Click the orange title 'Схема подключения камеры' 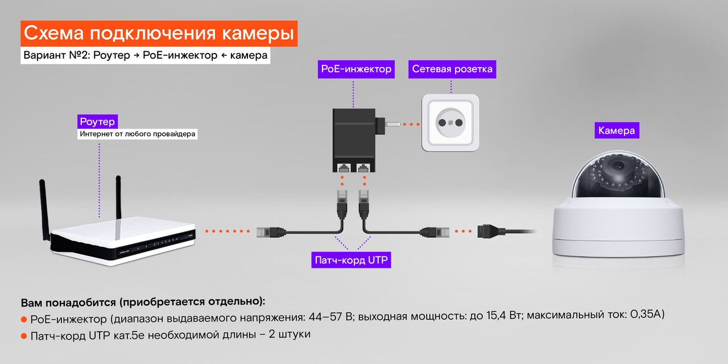(x=159, y=34)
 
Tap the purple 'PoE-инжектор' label (x=357, y=69)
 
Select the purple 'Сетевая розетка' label (x=452, y=69)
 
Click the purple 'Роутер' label (x=98, y=122)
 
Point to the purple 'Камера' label (x=616, y=131)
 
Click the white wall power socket (x=450, y=122)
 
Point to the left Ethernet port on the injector (x=344, y=167)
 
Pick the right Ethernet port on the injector (x=362, y=167)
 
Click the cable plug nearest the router (x=267, y=231)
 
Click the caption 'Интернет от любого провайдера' (x=138, y=135)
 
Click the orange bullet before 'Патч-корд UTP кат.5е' (x=24, y=336)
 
